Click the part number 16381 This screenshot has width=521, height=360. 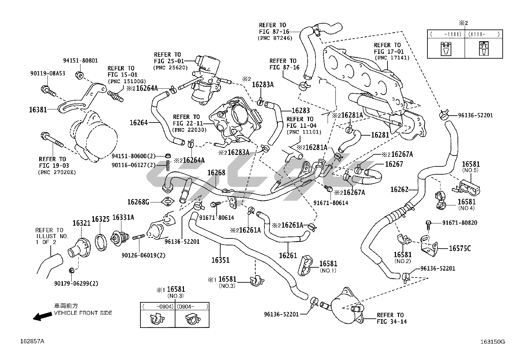pos(38,110)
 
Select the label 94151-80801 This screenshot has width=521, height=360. pos(80,61)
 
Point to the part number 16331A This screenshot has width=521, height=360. pos(123,218)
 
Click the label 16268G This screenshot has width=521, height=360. pos(138,202)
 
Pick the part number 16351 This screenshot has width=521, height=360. pos(220,260)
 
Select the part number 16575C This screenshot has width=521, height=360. pos(459,248)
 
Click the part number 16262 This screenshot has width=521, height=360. pos(399,190)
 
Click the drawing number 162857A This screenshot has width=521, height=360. pos(32,341)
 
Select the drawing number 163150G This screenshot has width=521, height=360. pos(493,342)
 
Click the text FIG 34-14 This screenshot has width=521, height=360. pos(391,322)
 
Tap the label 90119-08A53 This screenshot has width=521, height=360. pos(47,73)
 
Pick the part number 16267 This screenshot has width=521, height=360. pos(394,164)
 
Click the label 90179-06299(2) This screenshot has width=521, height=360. pos(76,284)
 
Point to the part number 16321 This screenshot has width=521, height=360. pos(81,223)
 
